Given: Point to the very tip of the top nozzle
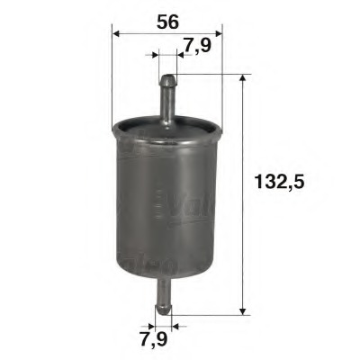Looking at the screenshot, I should tap(166, 77).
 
